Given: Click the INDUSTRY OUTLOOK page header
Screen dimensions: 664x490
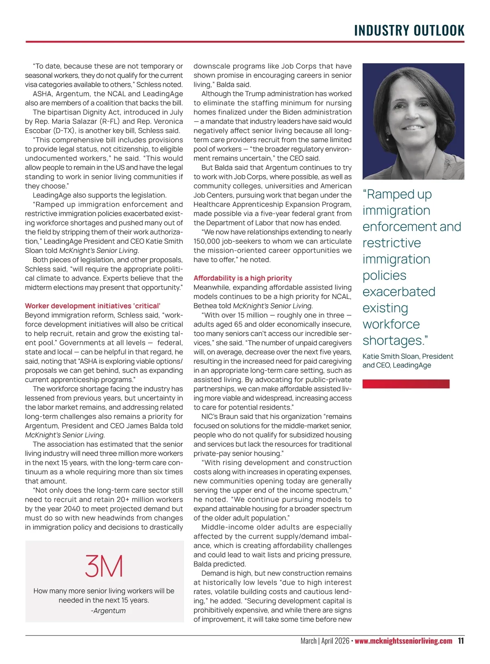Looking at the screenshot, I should [409, 31].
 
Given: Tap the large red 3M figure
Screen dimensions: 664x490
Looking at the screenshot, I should [104, 566].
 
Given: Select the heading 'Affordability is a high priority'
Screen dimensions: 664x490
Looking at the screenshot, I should [243, 278].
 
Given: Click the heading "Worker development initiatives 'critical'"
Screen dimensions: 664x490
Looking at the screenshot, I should [93, 306].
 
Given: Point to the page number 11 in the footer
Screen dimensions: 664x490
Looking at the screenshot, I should [461, 641].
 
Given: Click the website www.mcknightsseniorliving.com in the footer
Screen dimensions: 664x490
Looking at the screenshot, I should [403, 641].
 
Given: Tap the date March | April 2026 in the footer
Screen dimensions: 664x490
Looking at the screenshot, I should [325, 641].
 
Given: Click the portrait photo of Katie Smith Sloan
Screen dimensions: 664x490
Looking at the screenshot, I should [413, 121].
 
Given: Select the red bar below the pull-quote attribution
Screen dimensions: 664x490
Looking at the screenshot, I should [406, 384].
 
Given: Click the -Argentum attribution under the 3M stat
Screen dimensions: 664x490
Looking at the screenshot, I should [108, 611].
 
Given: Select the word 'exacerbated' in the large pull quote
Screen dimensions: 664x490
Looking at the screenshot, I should [399, 292].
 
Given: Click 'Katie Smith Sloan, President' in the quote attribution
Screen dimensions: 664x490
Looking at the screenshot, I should [408, 357].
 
